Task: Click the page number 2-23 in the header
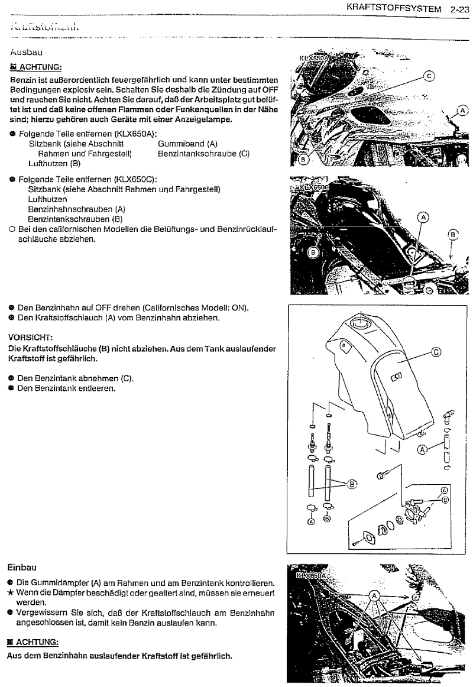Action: click(459, 9)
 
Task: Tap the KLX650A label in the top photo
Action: click(313, 59)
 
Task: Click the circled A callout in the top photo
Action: click(461, 111)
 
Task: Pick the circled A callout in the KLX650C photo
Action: click(423, 218)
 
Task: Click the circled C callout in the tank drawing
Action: click(436, 352)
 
